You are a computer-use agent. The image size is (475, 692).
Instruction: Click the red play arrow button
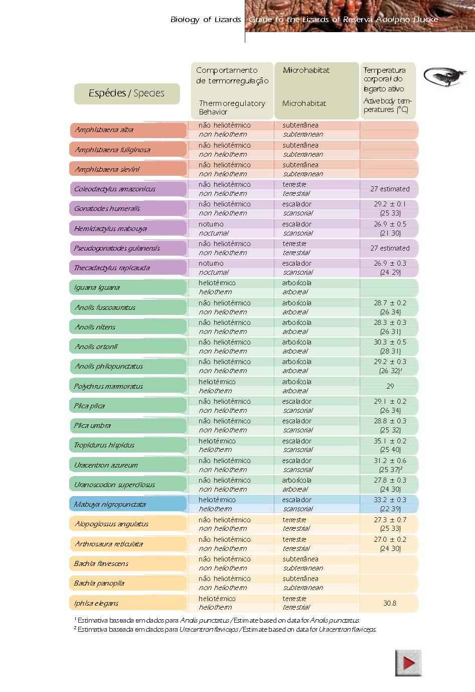[x=408, y=663]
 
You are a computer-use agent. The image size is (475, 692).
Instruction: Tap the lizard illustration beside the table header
[x=445, y=77]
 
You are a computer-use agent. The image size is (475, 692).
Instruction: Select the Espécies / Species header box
[x=127, y=93]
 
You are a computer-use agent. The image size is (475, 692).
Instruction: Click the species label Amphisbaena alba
[x=104, y=130]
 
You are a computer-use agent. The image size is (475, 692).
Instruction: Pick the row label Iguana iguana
[x=97, y=288]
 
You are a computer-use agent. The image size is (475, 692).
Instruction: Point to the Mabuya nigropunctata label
[x=109, y=505]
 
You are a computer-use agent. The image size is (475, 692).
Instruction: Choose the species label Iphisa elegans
[x=96, y=603]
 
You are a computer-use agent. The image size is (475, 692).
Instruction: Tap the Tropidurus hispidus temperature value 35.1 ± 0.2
[x=390, y=441]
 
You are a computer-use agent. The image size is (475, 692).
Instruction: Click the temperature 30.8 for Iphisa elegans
[x=390, y=603]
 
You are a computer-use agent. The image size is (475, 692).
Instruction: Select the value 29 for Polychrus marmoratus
[x=390, y=386]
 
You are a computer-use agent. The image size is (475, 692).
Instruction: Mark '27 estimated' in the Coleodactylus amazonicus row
[x=390, y=189]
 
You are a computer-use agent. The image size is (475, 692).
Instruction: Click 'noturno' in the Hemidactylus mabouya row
[x=211, y=224]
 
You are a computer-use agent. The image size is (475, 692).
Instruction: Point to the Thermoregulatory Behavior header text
[x=232, y=107]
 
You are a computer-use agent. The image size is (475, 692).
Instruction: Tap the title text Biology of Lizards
[x=206, y=20]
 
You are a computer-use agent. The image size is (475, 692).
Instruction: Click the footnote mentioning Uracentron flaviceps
[x=225, y=629]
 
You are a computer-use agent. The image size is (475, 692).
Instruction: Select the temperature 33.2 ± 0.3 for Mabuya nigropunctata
[x=390, y=500]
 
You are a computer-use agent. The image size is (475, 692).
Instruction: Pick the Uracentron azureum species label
[x=106, y=465]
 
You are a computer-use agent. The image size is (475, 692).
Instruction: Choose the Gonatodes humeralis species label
[x=107, y=209]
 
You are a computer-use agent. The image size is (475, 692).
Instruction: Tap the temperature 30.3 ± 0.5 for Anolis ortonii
[x=390, y=342]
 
